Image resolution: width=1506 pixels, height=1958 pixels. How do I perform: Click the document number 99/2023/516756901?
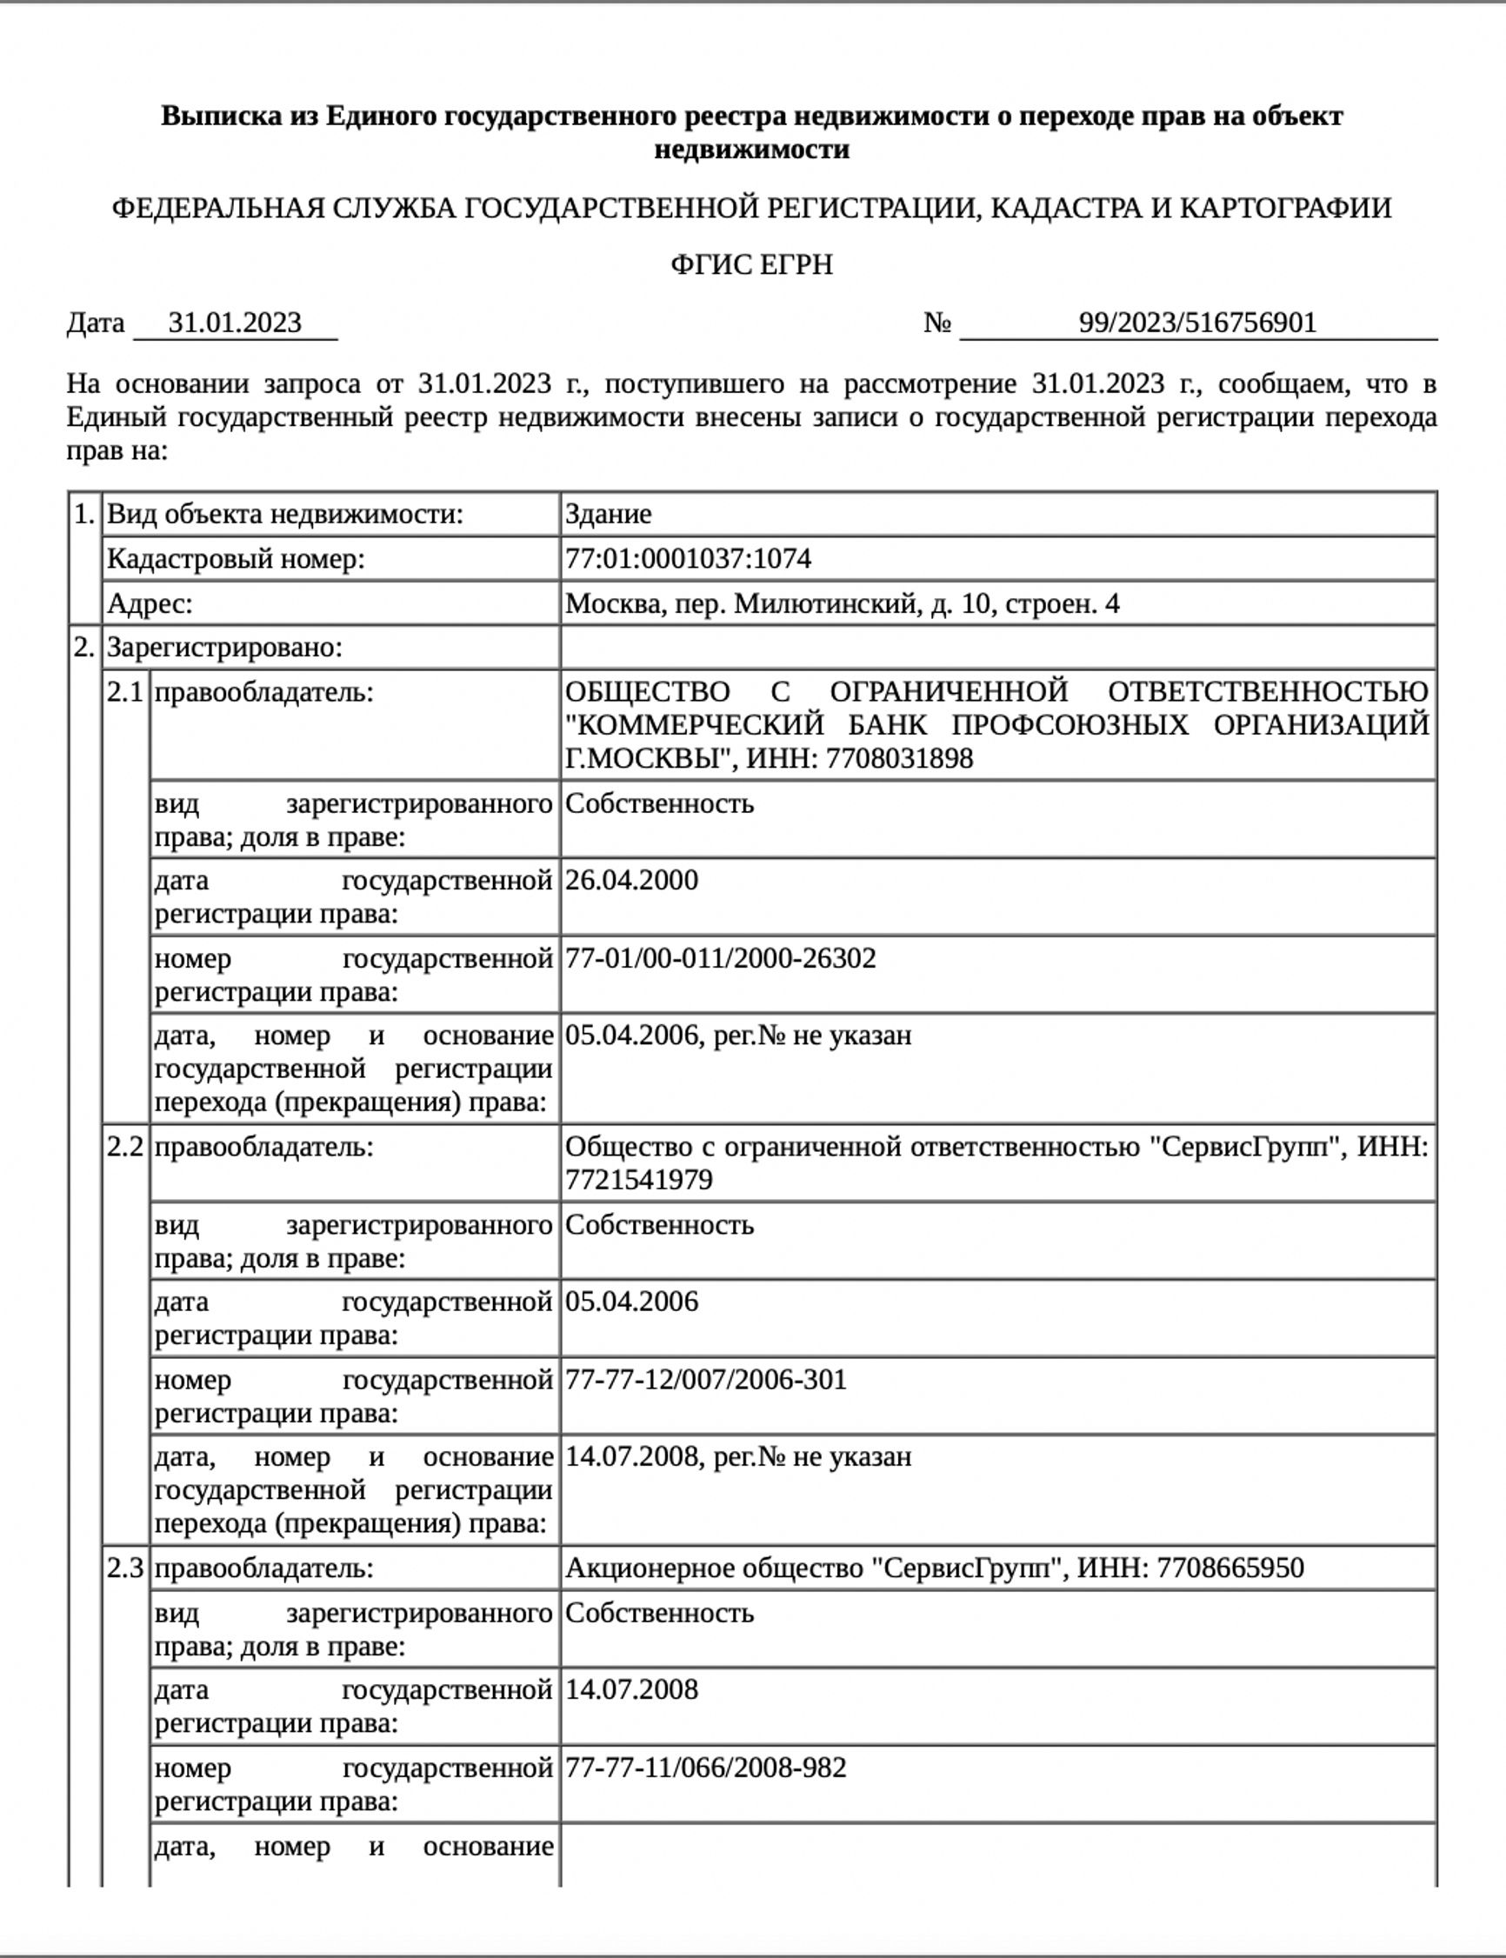pyautogui.click(x=1197, y=323)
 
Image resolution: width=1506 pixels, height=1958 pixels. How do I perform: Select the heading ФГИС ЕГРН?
pyautogui.click(x=752, y=265)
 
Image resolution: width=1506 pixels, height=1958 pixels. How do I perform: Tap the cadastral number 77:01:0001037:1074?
pyautogui.click(x=688, y=559)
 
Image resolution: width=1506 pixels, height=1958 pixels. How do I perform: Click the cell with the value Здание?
pyautogui.click(x=608, y=515)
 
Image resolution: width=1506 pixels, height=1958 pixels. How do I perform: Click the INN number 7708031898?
pyautogui.click(x=898, y=759)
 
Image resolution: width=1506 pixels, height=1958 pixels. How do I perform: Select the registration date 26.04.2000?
pyautogui.click(x=631, y=880)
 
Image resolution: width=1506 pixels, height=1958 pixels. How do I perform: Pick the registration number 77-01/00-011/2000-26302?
pyautogui.click(x=720, y=958)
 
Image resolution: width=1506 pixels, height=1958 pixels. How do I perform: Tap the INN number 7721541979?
pyautogui.click(x=638, y=1180)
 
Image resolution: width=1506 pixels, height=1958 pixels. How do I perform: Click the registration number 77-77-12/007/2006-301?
pyautogui.click(x=705, y=1379)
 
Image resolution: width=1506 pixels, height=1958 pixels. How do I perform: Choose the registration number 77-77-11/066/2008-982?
pyautogui.click(x=705, y=1768)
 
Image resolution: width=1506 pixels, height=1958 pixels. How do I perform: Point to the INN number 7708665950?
pyautogui.click(x=1229, y=1568)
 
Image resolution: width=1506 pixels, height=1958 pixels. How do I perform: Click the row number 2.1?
pyautogui.click(x=124, y=693)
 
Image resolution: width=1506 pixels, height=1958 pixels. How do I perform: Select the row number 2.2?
pyautogui.click(x=124, y=1147)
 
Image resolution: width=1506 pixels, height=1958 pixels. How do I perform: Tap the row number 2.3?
pyautogui.click(x=124, y=1568)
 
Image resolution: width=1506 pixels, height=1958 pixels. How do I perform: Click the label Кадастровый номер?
pyautogui.click(x=236, y=559)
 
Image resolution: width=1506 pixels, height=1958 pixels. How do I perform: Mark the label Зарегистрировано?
pyautogui.click(x=224, y=648)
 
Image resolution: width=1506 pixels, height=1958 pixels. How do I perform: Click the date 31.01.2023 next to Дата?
pyautogui.click(x=235, y=323)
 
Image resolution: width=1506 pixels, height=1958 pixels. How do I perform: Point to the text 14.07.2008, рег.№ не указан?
pyautogui.click(x=737, y=1457)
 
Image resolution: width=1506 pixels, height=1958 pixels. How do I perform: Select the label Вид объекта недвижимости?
pyautogui.click(x=285, y=515)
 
